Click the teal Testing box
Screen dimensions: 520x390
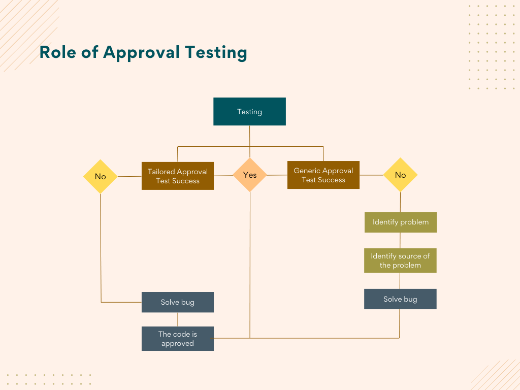[x=249, y=111]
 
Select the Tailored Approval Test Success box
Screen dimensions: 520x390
[x=177, y=176]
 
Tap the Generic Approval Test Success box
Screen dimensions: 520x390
[x=323, y=175]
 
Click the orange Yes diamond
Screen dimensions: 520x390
[x=250, y=175]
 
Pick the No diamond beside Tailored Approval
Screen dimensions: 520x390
[x=100, y=176]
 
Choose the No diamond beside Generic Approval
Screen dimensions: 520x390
[x=400, y=175]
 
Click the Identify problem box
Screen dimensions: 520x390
[x=401, y=222]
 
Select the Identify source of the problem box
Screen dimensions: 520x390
[x=400, y=261]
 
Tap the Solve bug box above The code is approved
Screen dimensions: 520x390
[x=177, y=302]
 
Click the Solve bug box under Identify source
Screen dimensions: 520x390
[x=400, y=299]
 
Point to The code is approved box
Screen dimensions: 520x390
[x=177, y=339]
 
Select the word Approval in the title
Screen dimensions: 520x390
[x=141, y=53]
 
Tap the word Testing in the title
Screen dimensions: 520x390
[x=216, y=53]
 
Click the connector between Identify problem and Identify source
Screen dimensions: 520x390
[x=400, y=240]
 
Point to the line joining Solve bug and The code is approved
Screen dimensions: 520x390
[x=177, y=319]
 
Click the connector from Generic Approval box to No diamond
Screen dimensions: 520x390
[x=371, y=175]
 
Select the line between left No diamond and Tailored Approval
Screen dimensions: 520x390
[x=129, y=176]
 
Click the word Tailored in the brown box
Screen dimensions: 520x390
[x=161, y=172]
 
